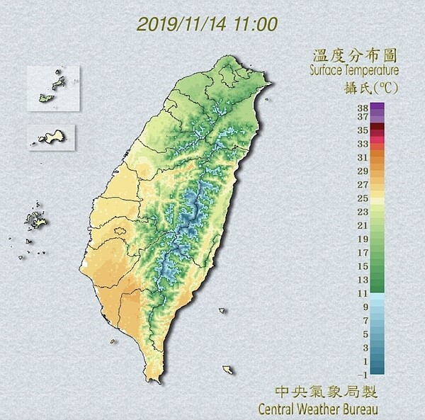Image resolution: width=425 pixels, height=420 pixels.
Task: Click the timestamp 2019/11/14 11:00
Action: (207, 24)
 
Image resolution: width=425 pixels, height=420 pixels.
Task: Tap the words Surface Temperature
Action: (353, 71)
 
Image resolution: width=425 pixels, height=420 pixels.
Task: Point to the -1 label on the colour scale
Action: (362, 374)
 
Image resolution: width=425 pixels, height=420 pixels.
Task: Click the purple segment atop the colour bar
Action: (377, 109)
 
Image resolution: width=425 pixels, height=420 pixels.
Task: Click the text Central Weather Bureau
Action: (317, 409)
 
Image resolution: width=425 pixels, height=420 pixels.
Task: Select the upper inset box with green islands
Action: (54, 89)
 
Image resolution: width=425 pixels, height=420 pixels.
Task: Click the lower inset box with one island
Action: (52, 136)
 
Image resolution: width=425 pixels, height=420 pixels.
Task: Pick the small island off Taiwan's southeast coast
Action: (227, 370)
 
